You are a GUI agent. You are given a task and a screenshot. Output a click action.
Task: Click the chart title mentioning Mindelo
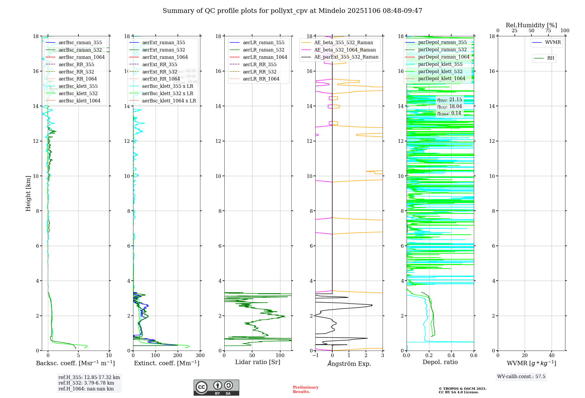point(292,11)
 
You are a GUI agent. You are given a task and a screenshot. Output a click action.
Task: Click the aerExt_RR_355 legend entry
point(159,64)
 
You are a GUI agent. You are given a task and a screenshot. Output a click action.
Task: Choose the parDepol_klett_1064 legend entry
point(441,79)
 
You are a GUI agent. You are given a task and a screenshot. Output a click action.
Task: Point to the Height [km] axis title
point(28,193)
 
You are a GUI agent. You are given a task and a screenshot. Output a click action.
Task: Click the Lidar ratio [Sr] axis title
point(258,362)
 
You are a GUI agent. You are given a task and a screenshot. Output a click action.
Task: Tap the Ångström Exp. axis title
point(349,363)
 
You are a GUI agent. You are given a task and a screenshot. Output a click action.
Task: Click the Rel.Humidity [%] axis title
point(531,25)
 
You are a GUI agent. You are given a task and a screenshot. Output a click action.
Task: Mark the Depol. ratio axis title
point(440,362)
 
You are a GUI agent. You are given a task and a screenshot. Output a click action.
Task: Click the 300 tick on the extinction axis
point(200,356)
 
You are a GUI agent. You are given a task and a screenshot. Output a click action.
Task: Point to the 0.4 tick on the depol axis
point(451,356)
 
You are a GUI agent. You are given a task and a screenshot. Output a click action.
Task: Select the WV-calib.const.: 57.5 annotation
point(521,377)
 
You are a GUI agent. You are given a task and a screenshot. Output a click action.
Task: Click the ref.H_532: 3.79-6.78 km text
point(86,383)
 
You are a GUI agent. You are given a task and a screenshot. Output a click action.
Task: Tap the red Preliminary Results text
point(305,390)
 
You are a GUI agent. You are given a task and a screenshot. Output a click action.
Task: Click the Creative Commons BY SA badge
point(216,388)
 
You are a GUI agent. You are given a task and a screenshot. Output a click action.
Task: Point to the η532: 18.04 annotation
point(449,107)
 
